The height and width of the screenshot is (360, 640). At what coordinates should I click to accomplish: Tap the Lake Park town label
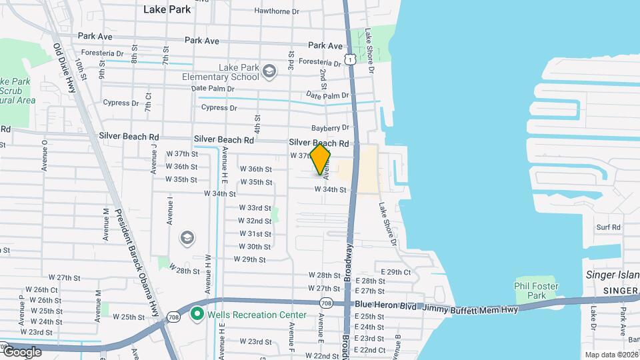tap(167, 9)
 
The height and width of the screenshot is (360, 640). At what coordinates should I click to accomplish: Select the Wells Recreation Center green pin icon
tap(197, 314)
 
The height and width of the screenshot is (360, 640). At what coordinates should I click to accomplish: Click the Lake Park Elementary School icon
tap(269, 71)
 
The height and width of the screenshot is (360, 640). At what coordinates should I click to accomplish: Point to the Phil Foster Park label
tap(536, 291)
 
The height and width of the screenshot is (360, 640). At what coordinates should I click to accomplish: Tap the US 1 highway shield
tap(349, 60)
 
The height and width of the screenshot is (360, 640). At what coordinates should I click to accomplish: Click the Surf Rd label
tap(608, 227)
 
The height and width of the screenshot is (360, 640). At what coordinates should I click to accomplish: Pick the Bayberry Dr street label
tap(330, 128)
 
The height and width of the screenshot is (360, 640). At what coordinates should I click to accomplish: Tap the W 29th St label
tap(250, 259)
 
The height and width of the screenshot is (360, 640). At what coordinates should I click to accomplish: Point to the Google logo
tap(21, 352)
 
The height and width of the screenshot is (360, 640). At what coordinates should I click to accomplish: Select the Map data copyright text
tap(611, 354)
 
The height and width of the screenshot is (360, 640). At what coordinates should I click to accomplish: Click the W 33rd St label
tap(255, 208)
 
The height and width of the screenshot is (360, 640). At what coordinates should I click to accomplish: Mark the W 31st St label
tap(255, 234)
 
